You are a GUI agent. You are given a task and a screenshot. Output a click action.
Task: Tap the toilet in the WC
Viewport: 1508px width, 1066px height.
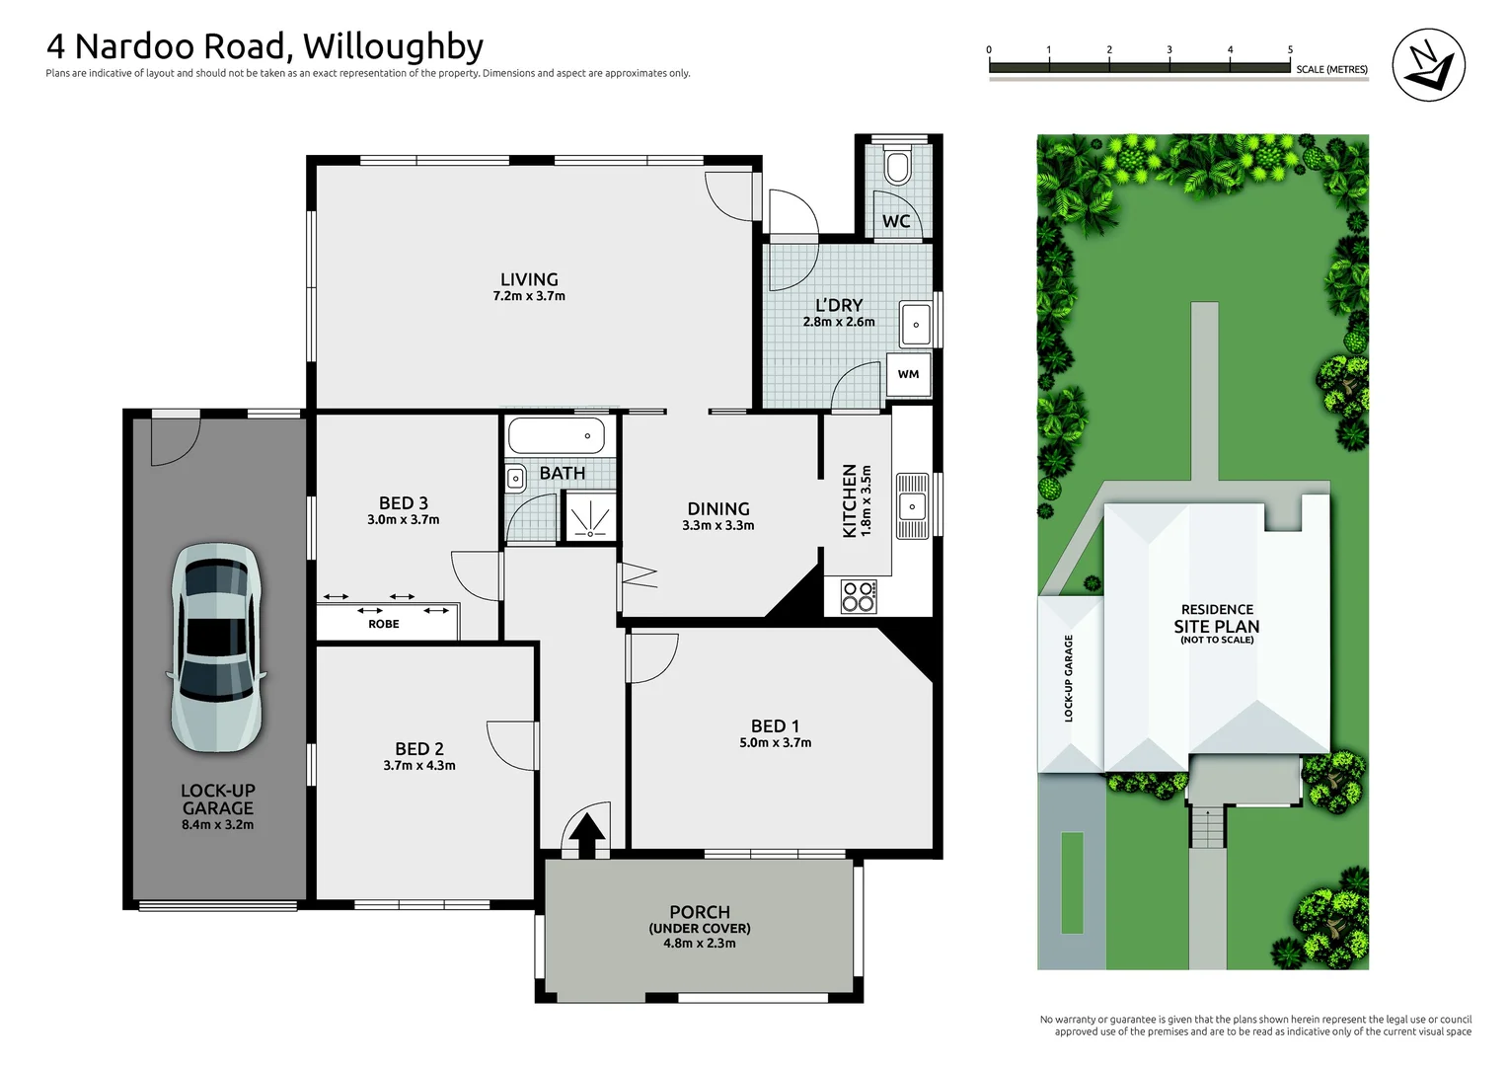pos(896,167)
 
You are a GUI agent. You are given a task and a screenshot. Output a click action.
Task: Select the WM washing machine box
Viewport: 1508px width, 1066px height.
pos(908,374)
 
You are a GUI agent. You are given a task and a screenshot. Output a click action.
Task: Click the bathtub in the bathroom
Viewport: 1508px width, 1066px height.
pos(556,435)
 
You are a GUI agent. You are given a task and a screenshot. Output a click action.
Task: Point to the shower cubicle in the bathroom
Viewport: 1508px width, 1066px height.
pos(590,517)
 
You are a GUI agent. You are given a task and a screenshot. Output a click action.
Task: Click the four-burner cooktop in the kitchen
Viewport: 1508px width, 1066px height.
pos(858,596)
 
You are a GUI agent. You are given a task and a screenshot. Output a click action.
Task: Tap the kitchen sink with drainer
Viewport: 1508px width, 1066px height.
pos(912,505)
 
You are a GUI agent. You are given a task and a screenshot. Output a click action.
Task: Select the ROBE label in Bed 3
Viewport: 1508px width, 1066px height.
pos(384,624)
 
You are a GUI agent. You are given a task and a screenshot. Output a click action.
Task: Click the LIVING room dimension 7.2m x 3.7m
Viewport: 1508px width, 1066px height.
pos(529,296)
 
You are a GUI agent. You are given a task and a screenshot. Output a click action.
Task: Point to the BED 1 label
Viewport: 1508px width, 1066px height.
pos(775,725)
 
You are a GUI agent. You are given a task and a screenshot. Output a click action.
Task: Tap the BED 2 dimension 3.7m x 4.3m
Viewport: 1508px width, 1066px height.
pos(419,766)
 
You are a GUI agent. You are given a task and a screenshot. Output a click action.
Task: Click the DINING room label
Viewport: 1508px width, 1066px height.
pos(717,508)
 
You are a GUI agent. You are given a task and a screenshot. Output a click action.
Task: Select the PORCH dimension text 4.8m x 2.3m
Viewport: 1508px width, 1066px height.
pos(700,944)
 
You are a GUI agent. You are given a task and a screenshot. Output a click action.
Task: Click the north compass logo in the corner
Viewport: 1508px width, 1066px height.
pos(1428,64)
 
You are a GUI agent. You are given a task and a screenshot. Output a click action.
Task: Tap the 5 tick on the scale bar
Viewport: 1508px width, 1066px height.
pos(1290,50)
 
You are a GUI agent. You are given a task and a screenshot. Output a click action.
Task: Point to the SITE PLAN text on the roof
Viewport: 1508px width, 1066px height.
pos(1217,627)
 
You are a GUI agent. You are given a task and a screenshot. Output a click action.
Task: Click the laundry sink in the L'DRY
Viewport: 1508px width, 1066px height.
pos(916,324)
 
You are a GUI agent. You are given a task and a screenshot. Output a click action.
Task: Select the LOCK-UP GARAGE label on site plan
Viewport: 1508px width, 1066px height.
pos(1069,678)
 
